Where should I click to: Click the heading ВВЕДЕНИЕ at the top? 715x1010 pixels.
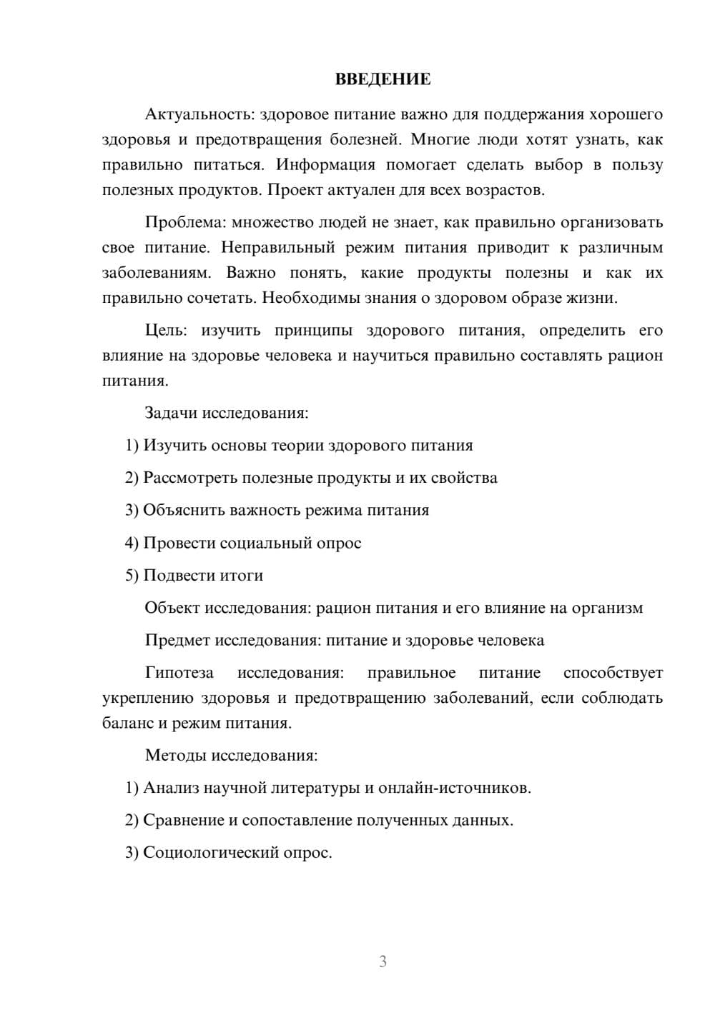pos(383,79)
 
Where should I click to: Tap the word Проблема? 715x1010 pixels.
pos(185,222)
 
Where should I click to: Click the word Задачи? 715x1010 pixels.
pos(171,413)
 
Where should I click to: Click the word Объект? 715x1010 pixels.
pos(172,608)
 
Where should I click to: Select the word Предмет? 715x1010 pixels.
pos(177,640)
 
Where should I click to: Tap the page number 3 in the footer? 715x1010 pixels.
pos(383,961)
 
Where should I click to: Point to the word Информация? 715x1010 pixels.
pos(325,165)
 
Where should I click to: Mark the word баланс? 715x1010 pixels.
pos(127,723)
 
